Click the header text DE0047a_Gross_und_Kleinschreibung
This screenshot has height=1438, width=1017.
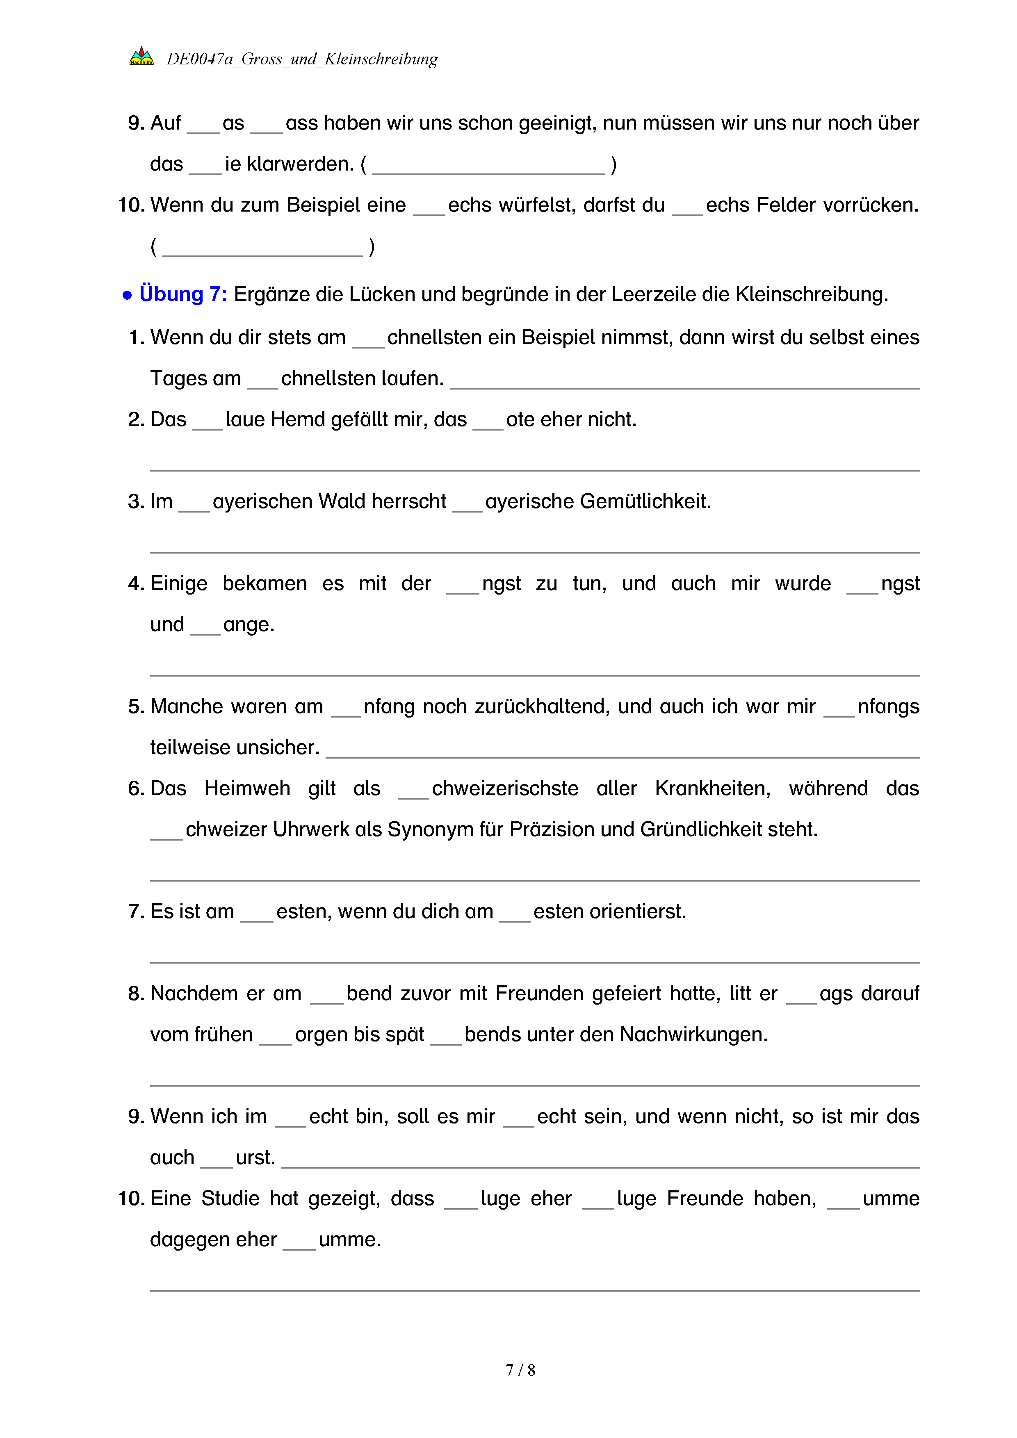(x=302, y=59)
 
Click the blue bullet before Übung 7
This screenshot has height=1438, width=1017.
(x=127, y=295)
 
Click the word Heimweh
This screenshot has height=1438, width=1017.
(x=247, y=788)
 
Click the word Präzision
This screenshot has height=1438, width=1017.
(x=552, y=829)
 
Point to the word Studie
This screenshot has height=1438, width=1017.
(x=230, y=1198)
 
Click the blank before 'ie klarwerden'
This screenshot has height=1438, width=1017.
(x=205, y=169)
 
